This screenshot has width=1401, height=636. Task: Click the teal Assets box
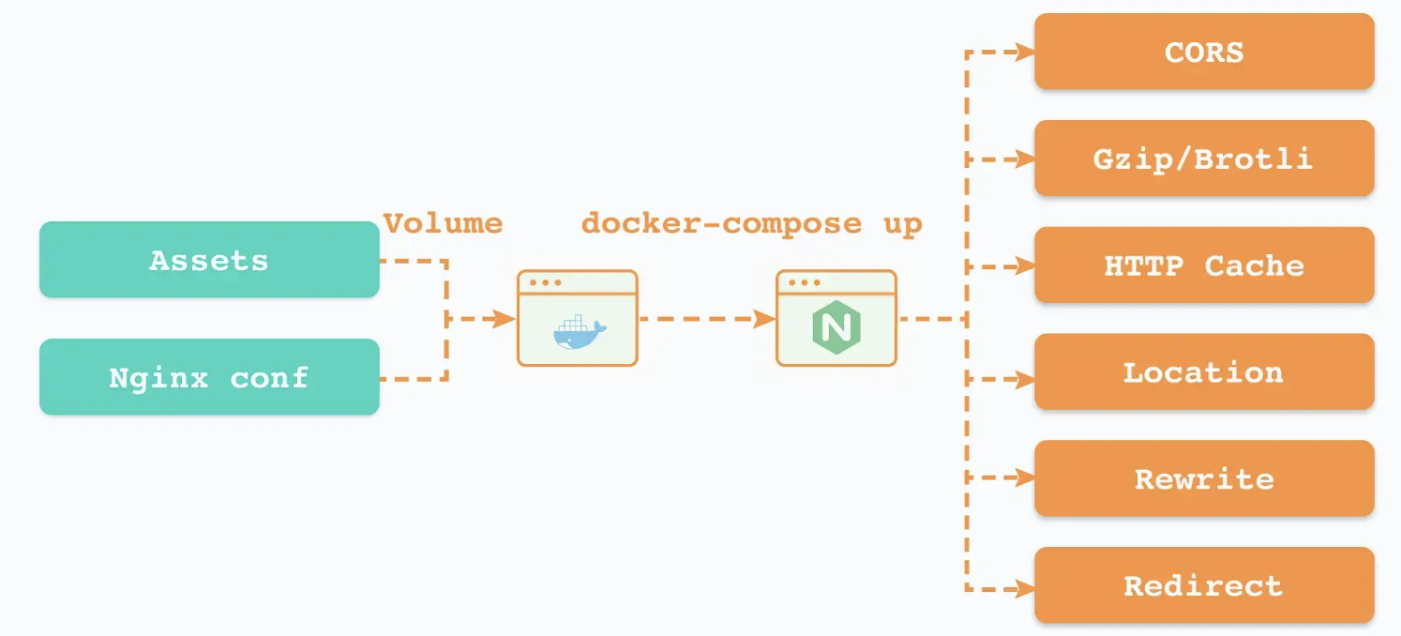pyautogui.click(x=209, y=260)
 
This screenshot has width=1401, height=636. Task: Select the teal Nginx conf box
pyautogui.click(x=209, y=377)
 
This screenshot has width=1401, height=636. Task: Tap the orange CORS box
pyautogui.click(x=1204, y=52)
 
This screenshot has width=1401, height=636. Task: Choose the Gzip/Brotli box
pyautogui.click(x=1204, y=159)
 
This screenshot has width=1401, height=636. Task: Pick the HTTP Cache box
pyautogui.click(x=1204, y=265)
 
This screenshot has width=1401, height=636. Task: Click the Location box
pyautogui.click(x=1204, y=372)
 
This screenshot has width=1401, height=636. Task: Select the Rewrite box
pyautogui.click(x=1204, y=479)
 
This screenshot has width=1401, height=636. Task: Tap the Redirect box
pyautogui.click(x=1204, y=586)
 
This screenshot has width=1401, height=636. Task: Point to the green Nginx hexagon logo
pyautogui.click(x=836, y=329)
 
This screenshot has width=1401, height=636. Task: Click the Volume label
pyautogui.click(x=444, y=223)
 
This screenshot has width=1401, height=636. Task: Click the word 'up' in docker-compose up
pyautogui.click(x=902, y=224)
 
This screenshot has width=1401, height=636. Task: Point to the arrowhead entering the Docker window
pyautogui.click(x=506, y=319)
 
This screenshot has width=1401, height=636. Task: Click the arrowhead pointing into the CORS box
pyautogui.click(x=1024, y=52)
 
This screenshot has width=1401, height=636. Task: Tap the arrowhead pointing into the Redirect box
pyautogui.click(x=1024, y=589)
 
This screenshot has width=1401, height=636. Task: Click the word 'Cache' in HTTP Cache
pyautogui.click(x=1254, y=265)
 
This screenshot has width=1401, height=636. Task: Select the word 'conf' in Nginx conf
pyautogui.click(x=269, y=377)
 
